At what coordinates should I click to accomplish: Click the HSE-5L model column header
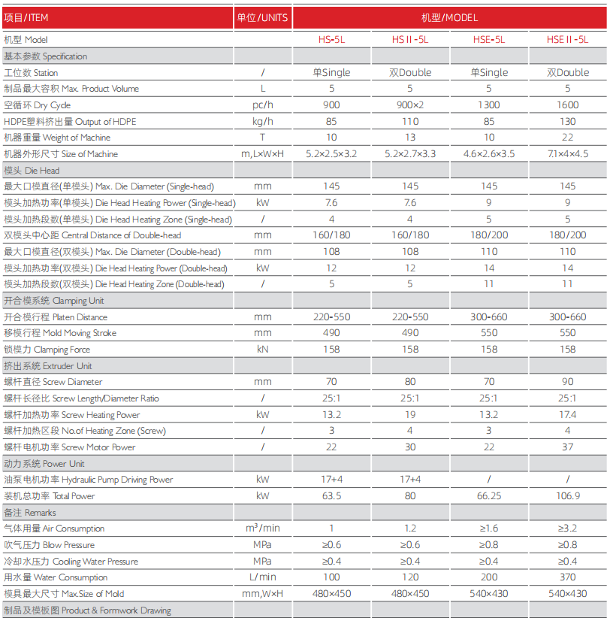tap(488, 40)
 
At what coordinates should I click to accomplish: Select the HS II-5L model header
tap(409, 40)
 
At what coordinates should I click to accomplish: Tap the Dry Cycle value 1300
tap(488, 105)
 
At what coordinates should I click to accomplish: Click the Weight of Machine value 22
tap(567, 138)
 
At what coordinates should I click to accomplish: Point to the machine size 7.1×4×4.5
tap(567, 154)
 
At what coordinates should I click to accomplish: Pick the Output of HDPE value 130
tap(567, 122)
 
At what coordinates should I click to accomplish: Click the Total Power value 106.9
tap(567, 496)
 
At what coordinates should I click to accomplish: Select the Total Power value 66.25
tap(488, 496)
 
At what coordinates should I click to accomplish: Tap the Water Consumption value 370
tap(567, 577)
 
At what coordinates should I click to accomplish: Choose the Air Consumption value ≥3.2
tap(567, 529)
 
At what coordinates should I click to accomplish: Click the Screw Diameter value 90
tap(567, 382)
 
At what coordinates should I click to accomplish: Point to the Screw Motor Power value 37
tap(567, 447)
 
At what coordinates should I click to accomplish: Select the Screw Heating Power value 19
tap(409, 415)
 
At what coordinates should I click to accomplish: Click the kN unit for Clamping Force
tap(262, 350)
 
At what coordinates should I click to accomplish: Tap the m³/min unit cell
tap(262, 529)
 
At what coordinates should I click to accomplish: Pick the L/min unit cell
tap(262, 577)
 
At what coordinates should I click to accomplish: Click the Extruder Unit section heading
tap(48, 366)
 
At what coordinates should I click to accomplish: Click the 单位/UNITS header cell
tap(262, 17)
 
